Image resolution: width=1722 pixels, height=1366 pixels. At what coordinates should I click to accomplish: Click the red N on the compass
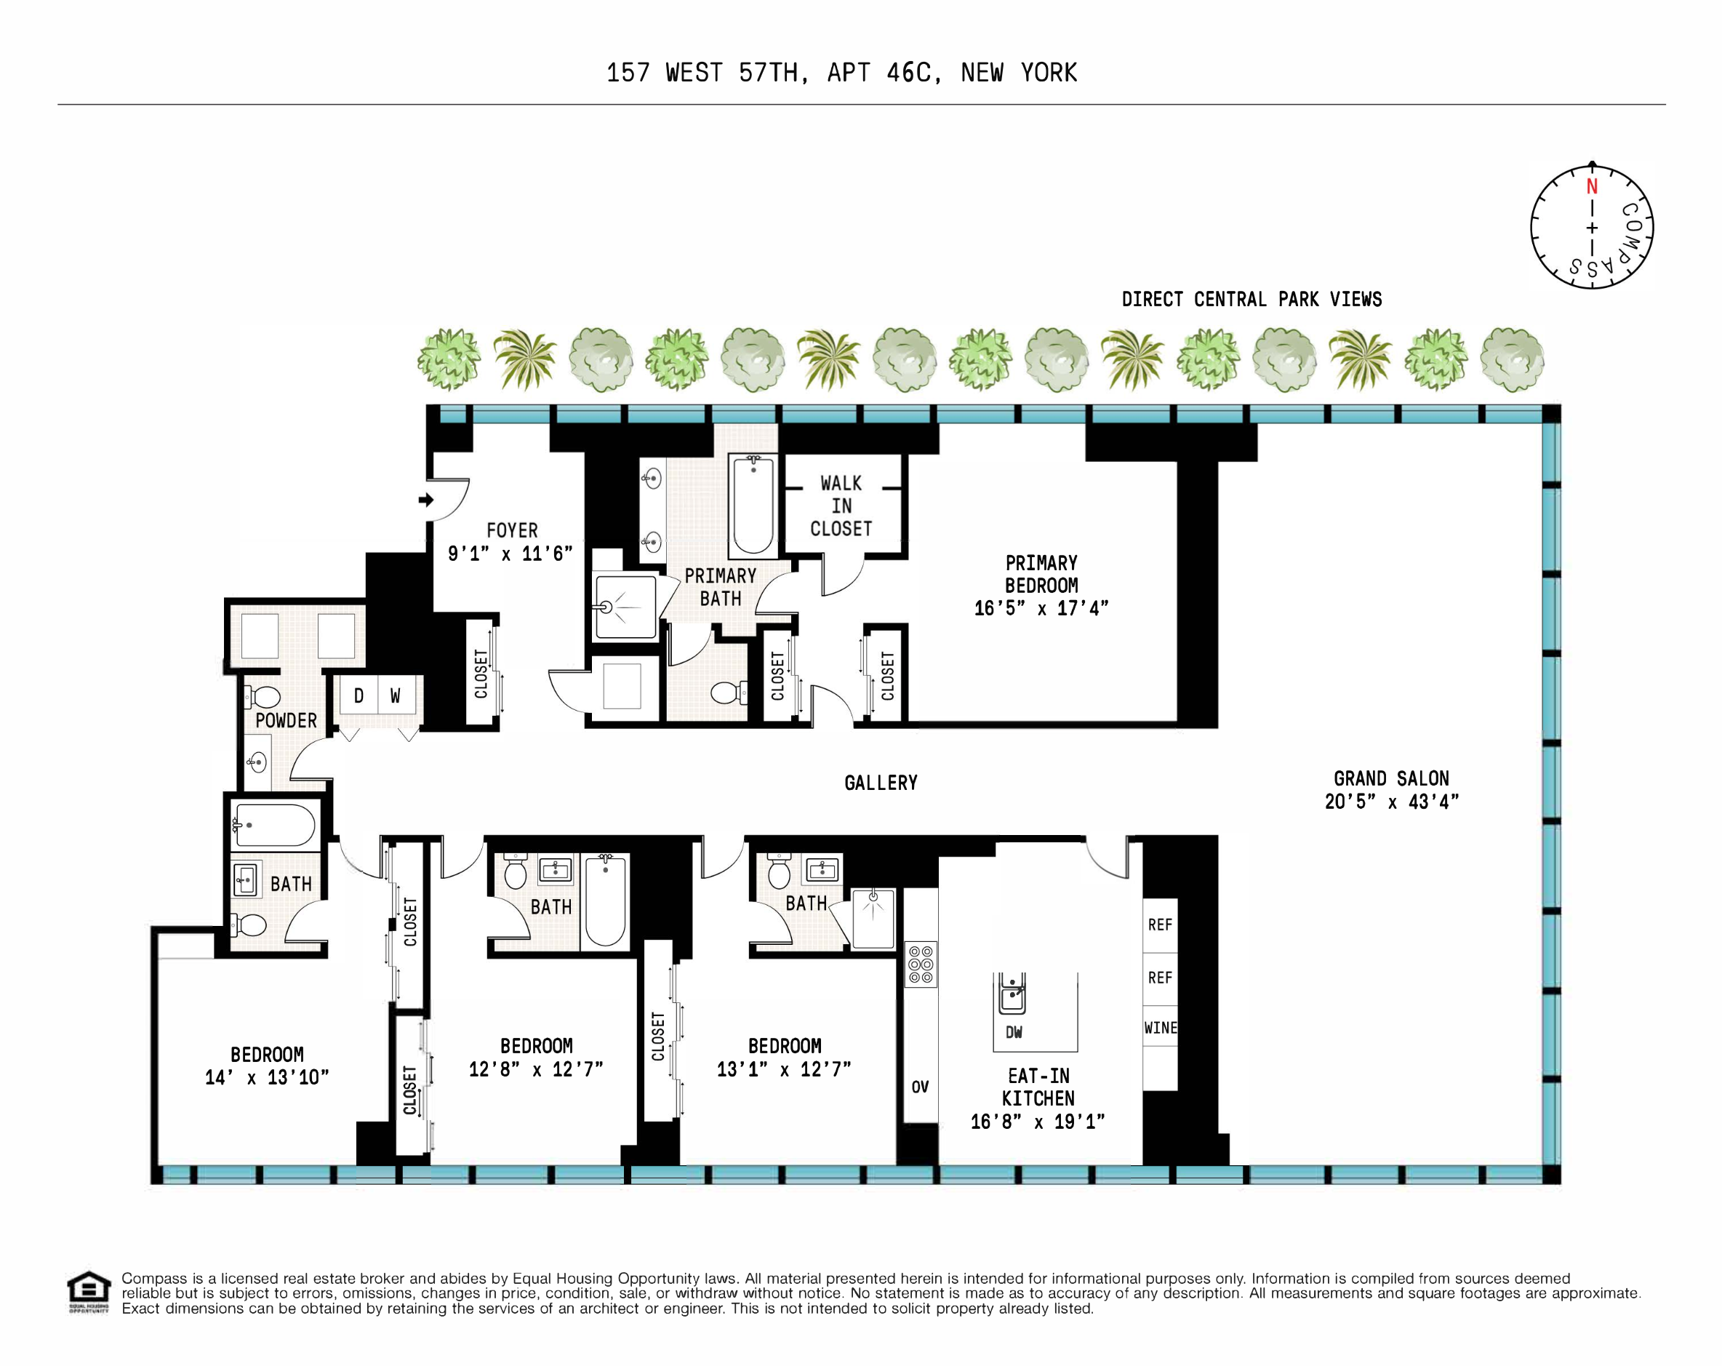pyautogui.click(x=1591, y=187)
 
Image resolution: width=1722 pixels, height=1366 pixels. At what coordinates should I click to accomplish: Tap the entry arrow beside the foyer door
pyautogui.click(x=425, y=500)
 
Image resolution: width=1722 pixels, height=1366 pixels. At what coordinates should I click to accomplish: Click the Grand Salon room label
pyautogui.click(x=1390, y=779)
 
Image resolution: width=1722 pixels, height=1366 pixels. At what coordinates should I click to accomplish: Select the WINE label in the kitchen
pyautogui.click(x=1160, y=1028)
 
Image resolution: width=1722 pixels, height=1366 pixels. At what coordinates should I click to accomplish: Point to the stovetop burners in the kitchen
pyautogui.click(x=920, y=964)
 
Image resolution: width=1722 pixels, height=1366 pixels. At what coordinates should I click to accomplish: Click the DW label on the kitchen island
pyautogui.click(x=1014, y=1032)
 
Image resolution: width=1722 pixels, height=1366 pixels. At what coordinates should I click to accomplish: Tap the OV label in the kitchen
pyautogui.click(x=920, y=1087)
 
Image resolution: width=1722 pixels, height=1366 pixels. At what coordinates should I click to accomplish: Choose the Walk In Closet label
pyautogui.click(x=841, y=506)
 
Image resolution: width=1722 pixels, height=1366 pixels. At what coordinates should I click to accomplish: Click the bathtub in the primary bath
pyautogui.click(x=753, y=506)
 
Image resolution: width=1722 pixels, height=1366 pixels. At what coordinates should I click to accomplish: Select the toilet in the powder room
pyautogui.click(x=263, y=698)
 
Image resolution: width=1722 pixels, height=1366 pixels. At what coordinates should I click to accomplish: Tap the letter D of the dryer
pyautogui.click(x=359, y=696)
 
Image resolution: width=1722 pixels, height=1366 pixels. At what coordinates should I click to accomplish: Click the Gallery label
pyautogui.click(x=880, y=783)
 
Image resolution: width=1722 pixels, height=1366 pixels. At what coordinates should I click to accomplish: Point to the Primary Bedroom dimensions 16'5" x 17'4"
pyautogui.click(x=1041, y=609)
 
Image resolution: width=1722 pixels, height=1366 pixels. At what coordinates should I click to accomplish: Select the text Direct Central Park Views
pyautogui.click(x=1251, y=300)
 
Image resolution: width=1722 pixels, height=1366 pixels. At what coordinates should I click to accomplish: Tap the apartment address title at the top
pyautogui.click(x=841, y=73)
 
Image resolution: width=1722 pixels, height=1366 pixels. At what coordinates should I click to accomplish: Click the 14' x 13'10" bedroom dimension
pyautogui.click(x=267, y=1078)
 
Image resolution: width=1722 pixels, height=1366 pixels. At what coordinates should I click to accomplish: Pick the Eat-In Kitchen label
pyautogui.click(x=1038, y=1087)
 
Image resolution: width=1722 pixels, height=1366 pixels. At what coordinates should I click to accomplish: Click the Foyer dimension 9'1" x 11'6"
pyautogui.click(x=510, y=554)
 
